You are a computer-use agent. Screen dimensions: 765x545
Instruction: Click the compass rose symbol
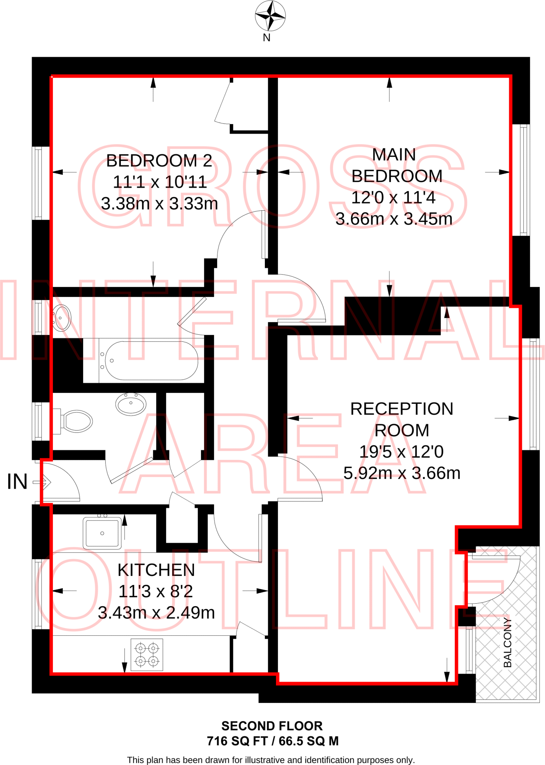pyautogui.click(x=270, y=16)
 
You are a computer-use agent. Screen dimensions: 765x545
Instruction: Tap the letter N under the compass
pyautogui.click(x=266, y=38)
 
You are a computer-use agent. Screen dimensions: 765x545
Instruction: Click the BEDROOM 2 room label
pyautogui.click(x=159, y=161)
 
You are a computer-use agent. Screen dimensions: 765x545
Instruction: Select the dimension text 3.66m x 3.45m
pyautogui.click(x=394, y=219)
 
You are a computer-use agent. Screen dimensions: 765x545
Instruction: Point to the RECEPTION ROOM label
pyautogui.click(x=401, y=419)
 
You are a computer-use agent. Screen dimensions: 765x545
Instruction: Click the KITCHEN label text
pyautogui.click(x=156, y=570)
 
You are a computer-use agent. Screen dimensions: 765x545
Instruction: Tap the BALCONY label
pyautogui.click(x=507, y=642)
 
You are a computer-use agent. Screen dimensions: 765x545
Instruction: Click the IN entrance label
pyautogui.click(x=17, y=481)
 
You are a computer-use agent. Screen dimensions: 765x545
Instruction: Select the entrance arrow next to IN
pyautogui.click(x=42, y=482)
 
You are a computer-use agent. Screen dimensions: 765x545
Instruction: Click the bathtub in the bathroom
pyautogui.click(x=151, y=360)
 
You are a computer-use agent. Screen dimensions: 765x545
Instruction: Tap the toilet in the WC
pyautogui.click(x=75, y=421)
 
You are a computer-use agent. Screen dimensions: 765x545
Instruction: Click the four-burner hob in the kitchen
pyautogui.click(x=147, y=655)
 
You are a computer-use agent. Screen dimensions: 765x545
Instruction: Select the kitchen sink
pyautogui.click(x=102, y=533)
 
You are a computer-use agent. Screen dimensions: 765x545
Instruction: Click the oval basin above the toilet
pyautogui.click(x=131, y=404)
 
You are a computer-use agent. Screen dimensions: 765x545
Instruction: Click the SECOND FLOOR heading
pyautogui.click(x=272, y=726)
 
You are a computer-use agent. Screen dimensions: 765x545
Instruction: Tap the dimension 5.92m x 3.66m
pyautogui.click(x=402, y=473)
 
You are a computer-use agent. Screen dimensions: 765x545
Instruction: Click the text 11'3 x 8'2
pyautogui.click(x=156, y=591)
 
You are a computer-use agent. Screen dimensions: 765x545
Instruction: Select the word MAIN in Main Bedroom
pyautogui.click(x=394, y=155)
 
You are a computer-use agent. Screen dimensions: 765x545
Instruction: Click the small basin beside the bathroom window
pyautogui.click(x=61, y=318)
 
